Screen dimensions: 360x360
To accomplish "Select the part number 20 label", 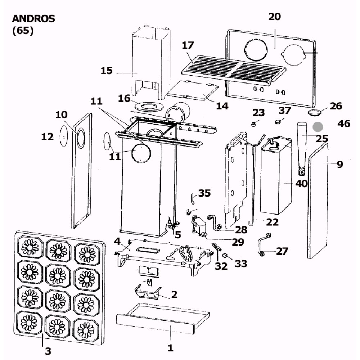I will tap(274, 17).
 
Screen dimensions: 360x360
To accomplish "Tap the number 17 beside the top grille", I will tap(188, 45).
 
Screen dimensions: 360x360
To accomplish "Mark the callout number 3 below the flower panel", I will tap(48, 351).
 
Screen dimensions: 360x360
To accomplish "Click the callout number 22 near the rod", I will tap(273, 222).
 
